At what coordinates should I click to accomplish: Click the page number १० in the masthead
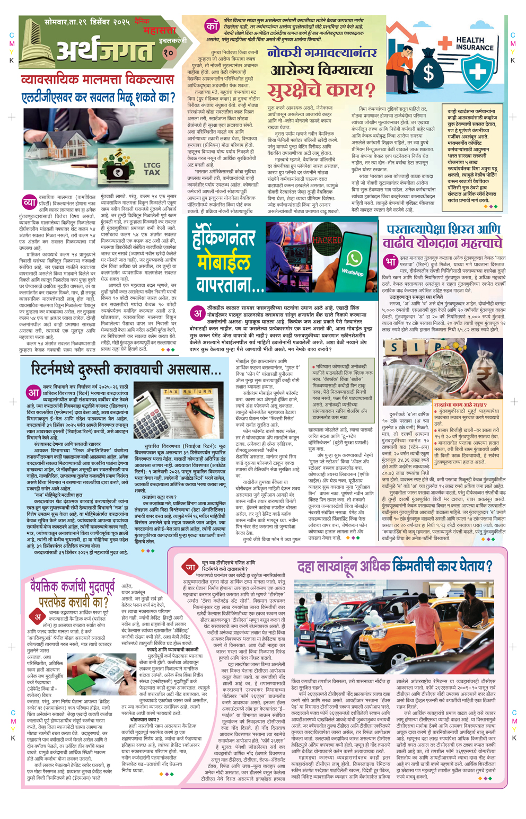[168, 53]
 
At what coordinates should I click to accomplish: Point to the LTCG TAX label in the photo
[152, 169]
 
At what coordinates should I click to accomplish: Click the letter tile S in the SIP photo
[394, 348]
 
